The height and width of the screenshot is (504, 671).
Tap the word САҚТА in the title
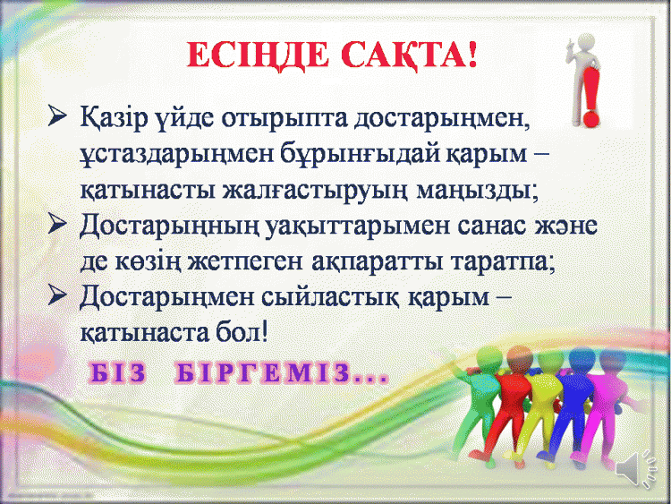403,56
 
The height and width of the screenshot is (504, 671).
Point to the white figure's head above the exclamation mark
584,43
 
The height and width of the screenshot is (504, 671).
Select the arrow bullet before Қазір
57,115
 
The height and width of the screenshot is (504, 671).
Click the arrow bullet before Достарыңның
57,224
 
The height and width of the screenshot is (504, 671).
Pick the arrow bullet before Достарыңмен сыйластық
57,295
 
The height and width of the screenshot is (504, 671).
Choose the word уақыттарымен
358,227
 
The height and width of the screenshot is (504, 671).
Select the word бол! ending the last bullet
242,332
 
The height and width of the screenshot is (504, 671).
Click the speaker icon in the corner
636,469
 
